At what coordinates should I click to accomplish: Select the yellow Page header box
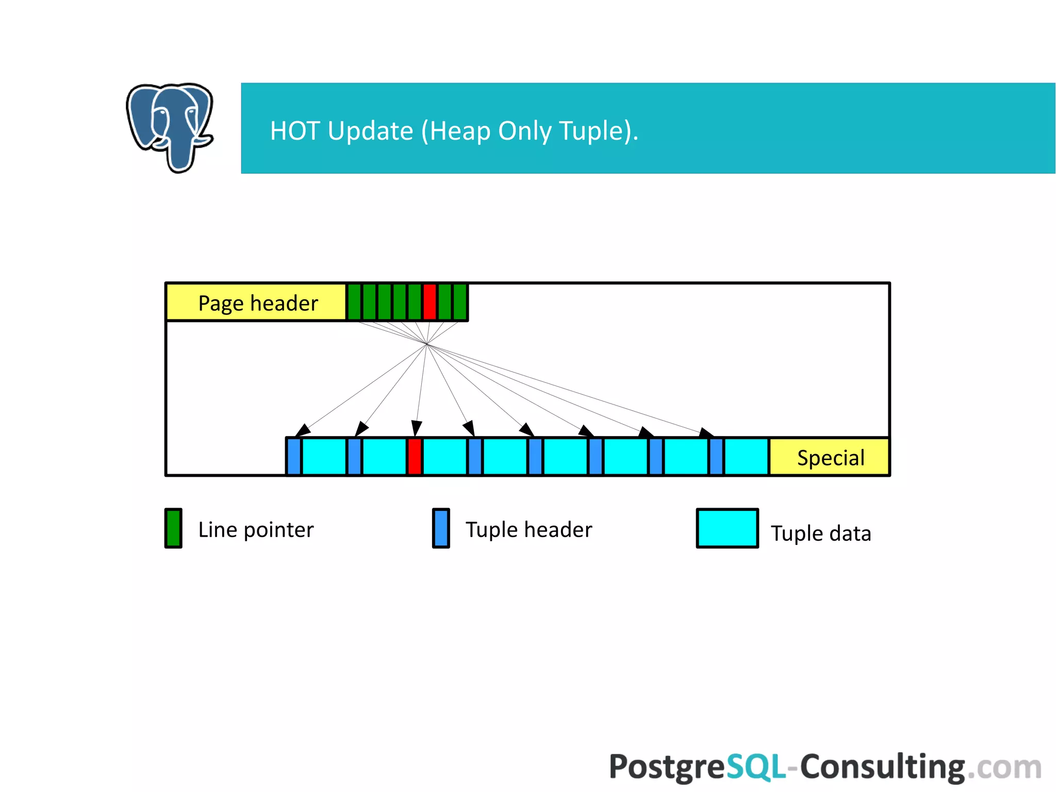coord(256,302)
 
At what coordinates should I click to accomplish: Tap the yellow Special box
coord(830,457)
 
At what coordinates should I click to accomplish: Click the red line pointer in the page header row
coord(430,302)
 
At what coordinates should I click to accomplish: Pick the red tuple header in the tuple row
coord(415,456)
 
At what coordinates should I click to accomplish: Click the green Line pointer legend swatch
coord(173,528)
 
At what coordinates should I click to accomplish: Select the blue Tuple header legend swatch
coord(441,528)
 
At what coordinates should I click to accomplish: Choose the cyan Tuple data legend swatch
coord(727,528)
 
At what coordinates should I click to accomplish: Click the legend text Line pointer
coord(256,530)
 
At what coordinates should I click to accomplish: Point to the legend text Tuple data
coord(821,534)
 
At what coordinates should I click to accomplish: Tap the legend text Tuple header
coord(529,530)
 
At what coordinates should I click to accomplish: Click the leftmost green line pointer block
coord(354,302)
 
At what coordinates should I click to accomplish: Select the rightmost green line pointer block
coord(460,302)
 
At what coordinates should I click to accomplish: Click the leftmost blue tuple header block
coord(294,456)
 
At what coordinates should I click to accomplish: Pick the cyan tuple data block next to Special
coord(746,456)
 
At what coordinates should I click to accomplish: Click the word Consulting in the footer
coord(882,767)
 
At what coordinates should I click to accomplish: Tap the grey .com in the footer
coord(1004,768)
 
